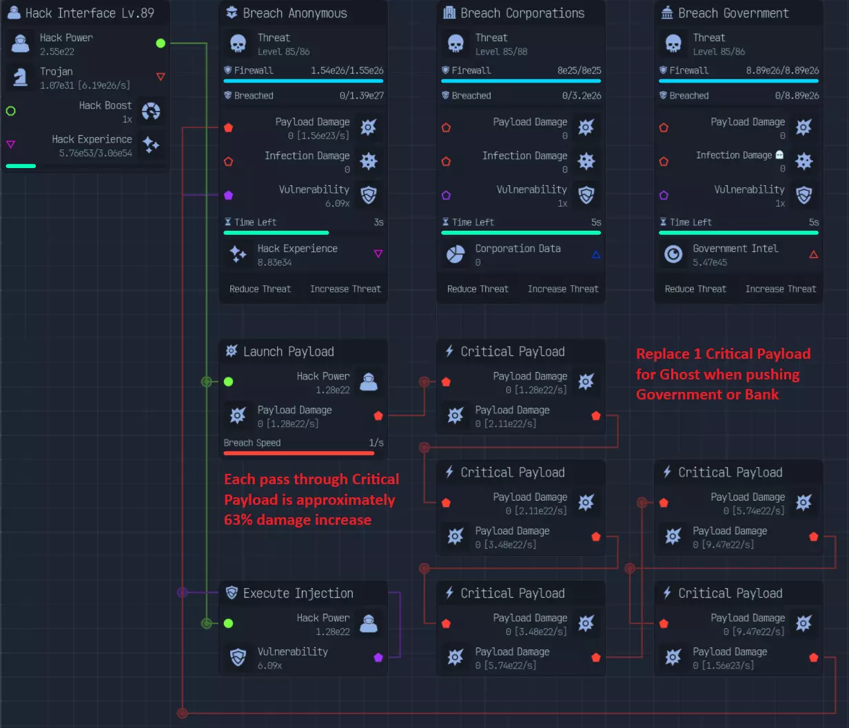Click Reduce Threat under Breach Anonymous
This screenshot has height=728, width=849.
(260, 289)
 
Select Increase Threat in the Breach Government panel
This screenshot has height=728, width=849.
(780, 289)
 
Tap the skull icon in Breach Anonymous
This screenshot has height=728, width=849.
(238, 43)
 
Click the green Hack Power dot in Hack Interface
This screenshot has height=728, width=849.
(161, 43)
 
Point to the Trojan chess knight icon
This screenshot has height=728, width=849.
(20, 77)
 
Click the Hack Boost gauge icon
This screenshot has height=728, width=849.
(151, 112)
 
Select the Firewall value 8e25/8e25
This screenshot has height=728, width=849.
(579, 71)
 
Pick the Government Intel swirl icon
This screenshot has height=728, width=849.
(673, 254)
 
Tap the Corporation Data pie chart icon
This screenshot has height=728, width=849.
(456, 254)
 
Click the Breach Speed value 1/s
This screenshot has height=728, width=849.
(376, 443)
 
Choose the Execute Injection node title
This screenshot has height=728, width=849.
(298, 593)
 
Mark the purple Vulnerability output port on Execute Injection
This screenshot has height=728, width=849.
(378, 657)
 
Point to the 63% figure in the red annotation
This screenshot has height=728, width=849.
(238, 520)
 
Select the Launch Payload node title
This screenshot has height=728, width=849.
(288, 352)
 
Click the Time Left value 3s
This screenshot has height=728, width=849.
(378, 222)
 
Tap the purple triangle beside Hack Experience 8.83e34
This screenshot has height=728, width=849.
(378, 253)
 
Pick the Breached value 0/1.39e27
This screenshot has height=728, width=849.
(362, 96)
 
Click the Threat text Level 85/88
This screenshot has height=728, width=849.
(501, 52)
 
